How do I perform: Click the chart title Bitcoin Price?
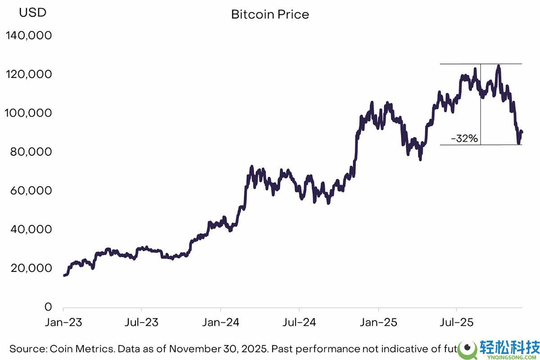click(270, 14)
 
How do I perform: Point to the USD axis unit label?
click(32, 13)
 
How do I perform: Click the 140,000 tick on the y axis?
click(28, 36)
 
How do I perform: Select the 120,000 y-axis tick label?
click(28, 74)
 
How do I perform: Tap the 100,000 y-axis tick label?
click(28, 113)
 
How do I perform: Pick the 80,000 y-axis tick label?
click(31, 152)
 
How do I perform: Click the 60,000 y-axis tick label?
click(31, 191)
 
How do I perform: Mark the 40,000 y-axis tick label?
click(31, 229)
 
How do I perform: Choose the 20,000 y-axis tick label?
click(31, 268)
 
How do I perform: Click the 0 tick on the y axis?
click(48, 307)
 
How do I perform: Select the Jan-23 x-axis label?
click(63, 323)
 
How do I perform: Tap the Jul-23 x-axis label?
click(142, 323)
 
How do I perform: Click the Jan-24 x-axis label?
click(220, 323)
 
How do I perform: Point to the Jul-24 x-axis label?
click(299, 323)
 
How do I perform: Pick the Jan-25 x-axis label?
click(378, 323)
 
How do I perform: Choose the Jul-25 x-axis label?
click(457, 323)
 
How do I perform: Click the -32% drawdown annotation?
click(464, 139)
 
